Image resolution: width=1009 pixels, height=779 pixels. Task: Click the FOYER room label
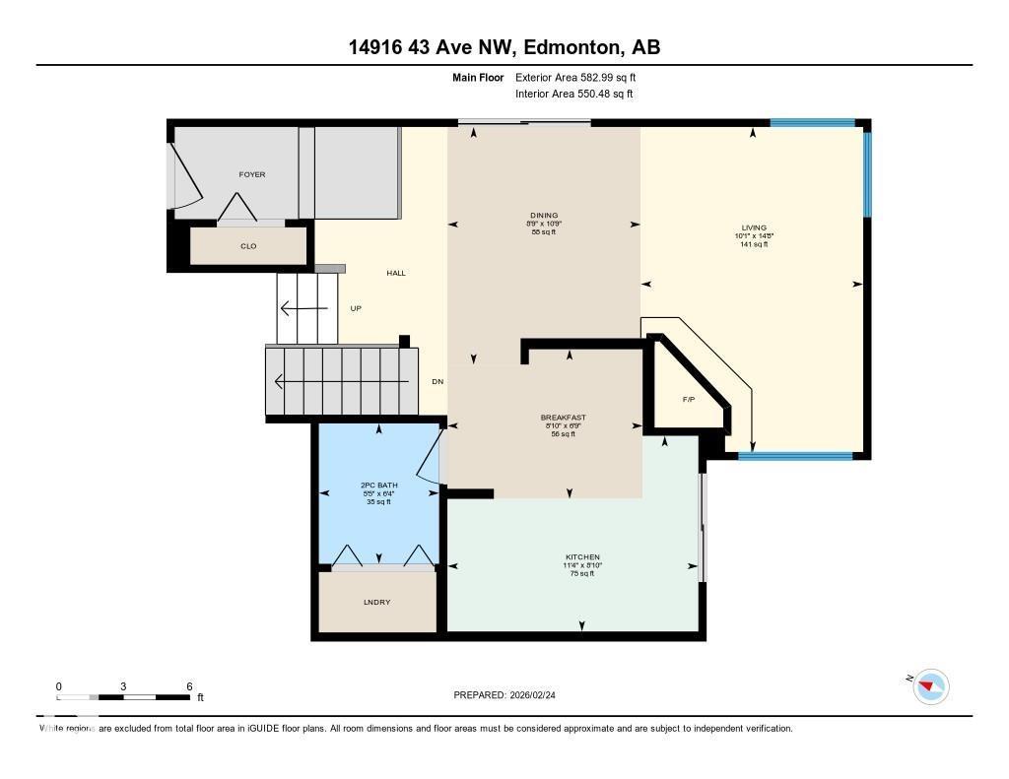pos(252,174)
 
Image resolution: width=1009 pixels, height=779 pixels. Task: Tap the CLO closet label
pos(248,246)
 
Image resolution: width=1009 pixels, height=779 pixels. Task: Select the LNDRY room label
pos(376,602)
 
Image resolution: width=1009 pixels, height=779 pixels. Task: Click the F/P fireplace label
pos(689,400)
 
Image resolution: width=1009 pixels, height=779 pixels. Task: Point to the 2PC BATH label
pos(379,486)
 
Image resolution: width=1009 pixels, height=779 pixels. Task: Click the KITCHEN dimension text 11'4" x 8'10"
pos(581,565)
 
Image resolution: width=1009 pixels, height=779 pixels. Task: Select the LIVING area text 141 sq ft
pos(754,244)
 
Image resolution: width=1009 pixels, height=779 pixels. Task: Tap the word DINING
pos(544,216)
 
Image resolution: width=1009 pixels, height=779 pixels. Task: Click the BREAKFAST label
pos(563,418)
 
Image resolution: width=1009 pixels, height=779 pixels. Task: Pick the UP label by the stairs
pos(356,308)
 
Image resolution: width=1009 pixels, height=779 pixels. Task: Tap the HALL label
pos(395,273)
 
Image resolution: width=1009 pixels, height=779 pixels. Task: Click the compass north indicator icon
pos(930,685)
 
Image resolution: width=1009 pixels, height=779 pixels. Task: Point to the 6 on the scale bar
pos(188,686)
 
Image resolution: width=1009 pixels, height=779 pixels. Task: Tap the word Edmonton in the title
pos(571,47)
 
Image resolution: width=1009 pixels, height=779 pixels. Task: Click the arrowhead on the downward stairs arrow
pos(281,381)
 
